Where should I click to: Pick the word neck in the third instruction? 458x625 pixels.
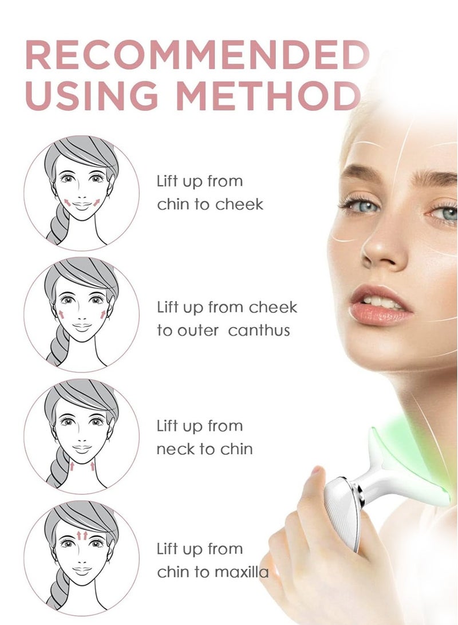click(175, 449)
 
